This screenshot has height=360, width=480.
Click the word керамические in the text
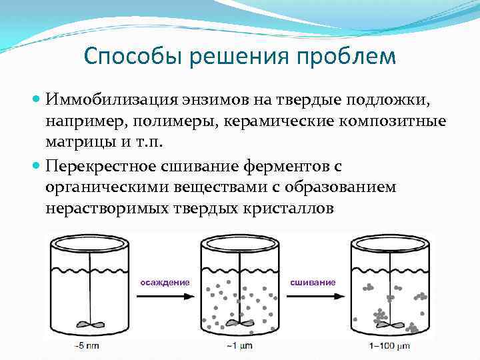click(x=284, y=122)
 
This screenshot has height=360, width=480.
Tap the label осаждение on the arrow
click(x=165, y=282)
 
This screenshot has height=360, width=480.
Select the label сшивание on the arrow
click(x=313, y=282)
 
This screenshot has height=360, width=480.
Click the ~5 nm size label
click(x=89, y=346)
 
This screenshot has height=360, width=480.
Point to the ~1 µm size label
click(x=238, y=346)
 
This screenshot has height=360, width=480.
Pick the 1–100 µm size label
click(x=389, y=346)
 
